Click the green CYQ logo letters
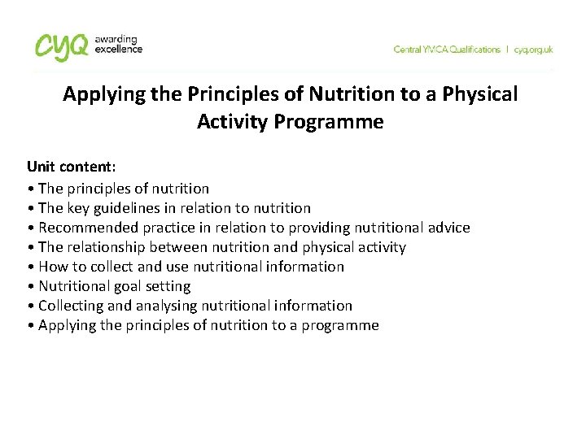[62, 46]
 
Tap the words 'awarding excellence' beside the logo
[119, 44]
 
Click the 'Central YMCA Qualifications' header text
[447, 50]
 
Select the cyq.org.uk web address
[533, 50]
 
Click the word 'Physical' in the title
[481, 94]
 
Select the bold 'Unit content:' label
[72, 167]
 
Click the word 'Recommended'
[85, 228]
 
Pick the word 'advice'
[448, 228]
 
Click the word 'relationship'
[106, 247]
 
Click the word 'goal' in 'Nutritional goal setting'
[125, 286]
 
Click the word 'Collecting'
[72, 306]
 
